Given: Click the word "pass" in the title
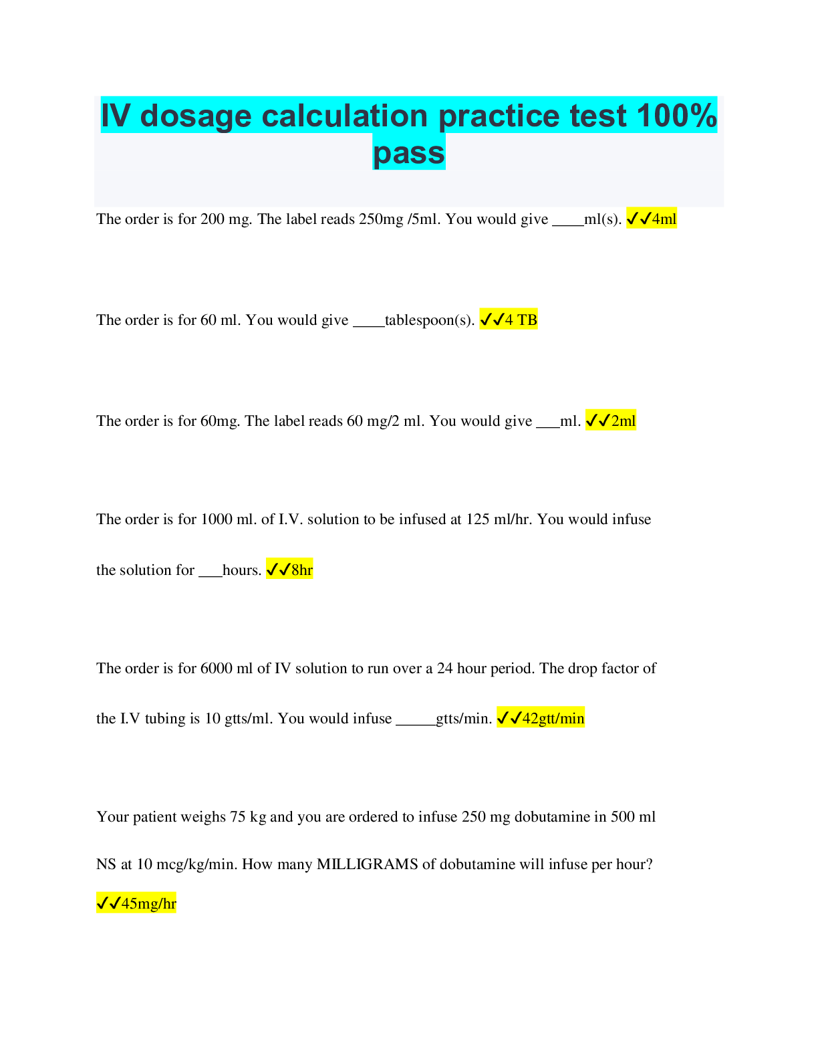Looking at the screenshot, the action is point(409,154).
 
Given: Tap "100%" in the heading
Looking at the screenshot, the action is point(677,116).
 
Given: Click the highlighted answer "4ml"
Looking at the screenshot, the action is point(664,219).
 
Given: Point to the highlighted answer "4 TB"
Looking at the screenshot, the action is point(521,320).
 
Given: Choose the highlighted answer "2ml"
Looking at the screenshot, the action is point(623,421).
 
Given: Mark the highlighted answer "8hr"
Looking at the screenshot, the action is point(302,569).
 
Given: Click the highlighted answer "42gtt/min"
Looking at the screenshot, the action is point(553,718).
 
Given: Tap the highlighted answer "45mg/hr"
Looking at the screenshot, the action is point(148,903).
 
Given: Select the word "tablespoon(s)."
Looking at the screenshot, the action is point(429,320).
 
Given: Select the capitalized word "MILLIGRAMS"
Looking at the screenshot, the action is point(368,864).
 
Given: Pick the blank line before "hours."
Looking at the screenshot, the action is point(211,576).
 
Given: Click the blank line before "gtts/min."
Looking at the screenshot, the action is point(416,725).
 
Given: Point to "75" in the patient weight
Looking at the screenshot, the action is point(238,816).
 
